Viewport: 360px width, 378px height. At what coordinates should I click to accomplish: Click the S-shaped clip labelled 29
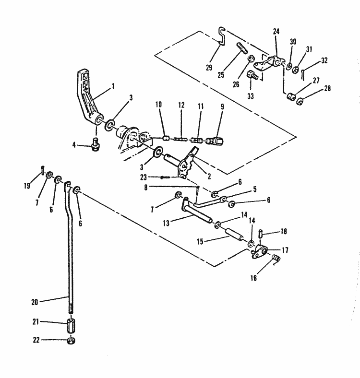tap(221, 36)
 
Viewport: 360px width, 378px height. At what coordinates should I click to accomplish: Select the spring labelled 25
tap(241, 49)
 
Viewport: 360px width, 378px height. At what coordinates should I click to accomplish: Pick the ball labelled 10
tap(166, 138)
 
